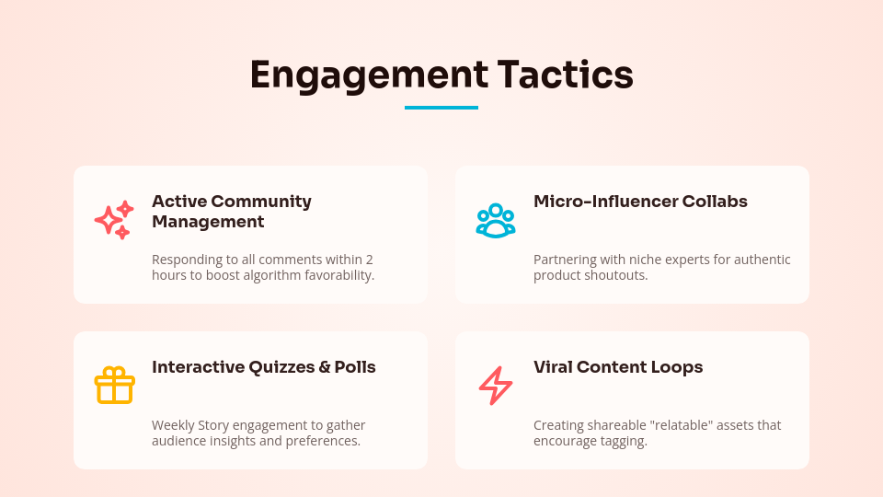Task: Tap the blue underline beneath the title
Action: coord(441,108)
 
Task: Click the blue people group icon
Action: coord(496,221)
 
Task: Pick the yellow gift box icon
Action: coord(114,385)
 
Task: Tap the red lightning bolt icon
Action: coord(496,386)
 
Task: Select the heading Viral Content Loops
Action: coord(618,366)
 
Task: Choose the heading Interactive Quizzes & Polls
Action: coord(263,366)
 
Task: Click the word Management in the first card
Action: coord(208,222)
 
